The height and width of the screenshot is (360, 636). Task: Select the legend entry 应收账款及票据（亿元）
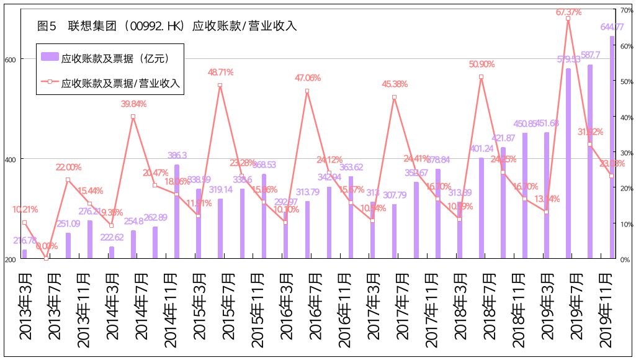tap(105, 58)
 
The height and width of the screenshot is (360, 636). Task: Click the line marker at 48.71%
tap(220, 86)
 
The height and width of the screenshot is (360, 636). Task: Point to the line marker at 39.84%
tap(133, 117)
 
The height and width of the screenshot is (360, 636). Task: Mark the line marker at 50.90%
tap(481, 77)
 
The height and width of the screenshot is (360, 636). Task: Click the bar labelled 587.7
tap(590, 161)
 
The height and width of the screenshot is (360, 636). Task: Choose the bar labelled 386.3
tap(177, 211)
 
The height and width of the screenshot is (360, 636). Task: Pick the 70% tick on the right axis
tap(625, 11)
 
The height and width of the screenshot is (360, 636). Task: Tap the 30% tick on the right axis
tap(625, 153)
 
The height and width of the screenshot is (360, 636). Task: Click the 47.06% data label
tap(308, 78)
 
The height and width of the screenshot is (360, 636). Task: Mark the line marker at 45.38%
tap(394, 97)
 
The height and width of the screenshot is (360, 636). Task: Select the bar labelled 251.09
tap(68, 245)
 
